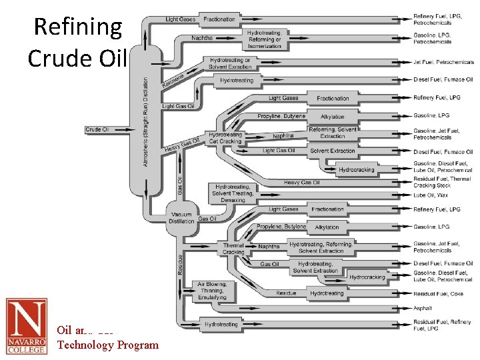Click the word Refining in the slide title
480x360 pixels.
coord(78,27)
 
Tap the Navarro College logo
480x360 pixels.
coord(27,326)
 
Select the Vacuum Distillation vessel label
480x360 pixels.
coord(181,217)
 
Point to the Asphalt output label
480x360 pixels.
coord(423,308)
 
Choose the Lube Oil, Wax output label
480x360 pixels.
coord(430,195)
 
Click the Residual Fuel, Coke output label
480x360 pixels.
coord(438,293)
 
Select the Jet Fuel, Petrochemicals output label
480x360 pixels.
coord(443,62)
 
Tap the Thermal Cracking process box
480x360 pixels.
coord(233,249)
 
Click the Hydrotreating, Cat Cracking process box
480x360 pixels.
coord(225,138)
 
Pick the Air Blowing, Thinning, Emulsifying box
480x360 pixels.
coord(212,291)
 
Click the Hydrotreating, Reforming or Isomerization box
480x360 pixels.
coord(264,38)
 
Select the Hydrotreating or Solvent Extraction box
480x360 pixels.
coord(230,63)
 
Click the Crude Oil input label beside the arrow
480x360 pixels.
coord(97,129)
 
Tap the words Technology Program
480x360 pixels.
coord(108,345)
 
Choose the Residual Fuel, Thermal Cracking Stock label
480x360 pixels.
coord(441,183)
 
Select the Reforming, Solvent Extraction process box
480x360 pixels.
coord(332,133)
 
